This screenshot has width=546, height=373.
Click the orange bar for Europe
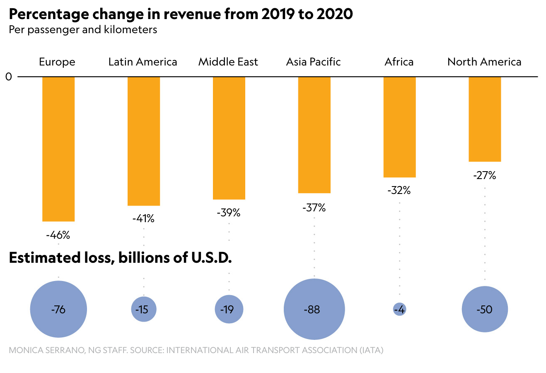[x=58, y=149]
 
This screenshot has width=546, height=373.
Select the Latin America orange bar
[x=144, y=141]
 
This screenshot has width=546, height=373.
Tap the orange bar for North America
[x=485, y=119]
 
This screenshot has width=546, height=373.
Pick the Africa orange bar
[x=399, y=127]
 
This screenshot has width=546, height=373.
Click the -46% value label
[x=58, y=235]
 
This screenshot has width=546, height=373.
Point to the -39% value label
[x=229, y=213]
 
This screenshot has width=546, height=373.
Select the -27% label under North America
[x=484, y=176]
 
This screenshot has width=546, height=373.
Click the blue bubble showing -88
[x=314, y=309]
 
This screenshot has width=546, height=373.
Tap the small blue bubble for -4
[x=399, y=309]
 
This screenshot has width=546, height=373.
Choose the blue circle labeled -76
[x=58, y=309]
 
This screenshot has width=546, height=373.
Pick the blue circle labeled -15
[x=144, y=309]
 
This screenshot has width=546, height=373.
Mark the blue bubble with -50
[x=485, y=309]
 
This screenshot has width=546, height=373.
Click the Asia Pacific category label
[x=313, y=62]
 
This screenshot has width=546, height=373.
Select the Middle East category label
[x=228, y=62]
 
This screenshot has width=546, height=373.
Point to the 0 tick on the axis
[x=9, y=77]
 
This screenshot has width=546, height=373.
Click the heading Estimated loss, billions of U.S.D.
[x=120, y=258]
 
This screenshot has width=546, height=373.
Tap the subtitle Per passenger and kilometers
[x=83, y=30]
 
